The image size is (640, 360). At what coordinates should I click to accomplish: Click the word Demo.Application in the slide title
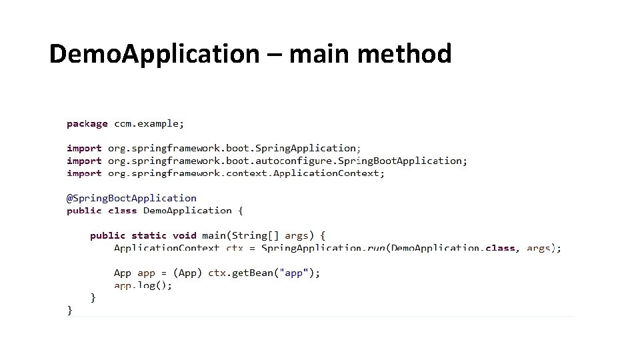coord(153,54)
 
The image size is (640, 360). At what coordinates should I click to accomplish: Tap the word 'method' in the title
coord(404,54)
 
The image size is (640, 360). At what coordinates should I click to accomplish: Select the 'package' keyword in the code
coord(87,123)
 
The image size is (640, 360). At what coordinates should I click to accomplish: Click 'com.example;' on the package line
coord(149,123)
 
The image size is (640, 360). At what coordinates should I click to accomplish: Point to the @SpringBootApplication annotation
coord(131,198)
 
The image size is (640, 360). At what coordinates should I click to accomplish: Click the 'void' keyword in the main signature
coord(184,235)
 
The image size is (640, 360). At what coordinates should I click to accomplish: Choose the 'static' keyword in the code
coord(150,235)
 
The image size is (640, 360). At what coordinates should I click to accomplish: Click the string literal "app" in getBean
coord(293,273)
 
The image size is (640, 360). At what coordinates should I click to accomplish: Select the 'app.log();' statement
coord(143,285)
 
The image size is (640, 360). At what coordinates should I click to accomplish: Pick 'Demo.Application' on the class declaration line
coord(187,211)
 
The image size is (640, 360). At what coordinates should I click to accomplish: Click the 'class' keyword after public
coord(122,211)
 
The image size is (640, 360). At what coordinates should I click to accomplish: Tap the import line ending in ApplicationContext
coord(225,173)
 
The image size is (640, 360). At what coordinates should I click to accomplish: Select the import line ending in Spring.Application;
coord(213,148)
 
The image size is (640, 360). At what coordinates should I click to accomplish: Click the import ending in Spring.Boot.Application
coord(267,161)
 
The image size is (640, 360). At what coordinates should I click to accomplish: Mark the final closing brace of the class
coord(70,310)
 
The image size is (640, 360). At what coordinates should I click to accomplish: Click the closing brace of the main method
coord(93,297)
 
